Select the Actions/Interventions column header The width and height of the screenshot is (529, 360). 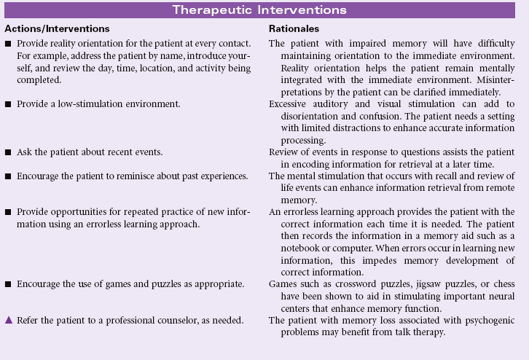coord(57,28)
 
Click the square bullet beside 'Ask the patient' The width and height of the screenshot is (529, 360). coord(8,152)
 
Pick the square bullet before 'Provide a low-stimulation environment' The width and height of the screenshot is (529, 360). coord(8,104)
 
